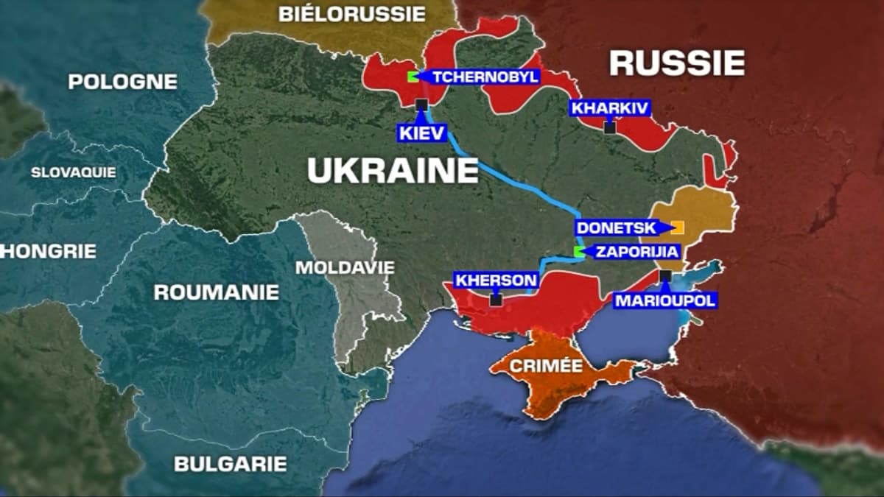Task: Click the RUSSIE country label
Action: click(x=676, y=63)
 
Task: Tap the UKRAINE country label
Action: click(x=393, y=171)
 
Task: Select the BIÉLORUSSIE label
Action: click(x=351, y=13)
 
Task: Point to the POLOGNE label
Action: click(x=122, y=82)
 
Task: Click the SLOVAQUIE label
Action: click(x=73, y=172)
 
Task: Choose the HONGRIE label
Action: click(x=49, y=251)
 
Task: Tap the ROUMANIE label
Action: click(x=216, y=292)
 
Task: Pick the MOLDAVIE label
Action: click(x=344, y=267)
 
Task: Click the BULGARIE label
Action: click(x=230, y=464)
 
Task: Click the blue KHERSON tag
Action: click(x=496, y=280)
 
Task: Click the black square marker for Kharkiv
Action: click(x=609, y=127)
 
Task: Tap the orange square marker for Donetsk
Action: click(x=678, y=228)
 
